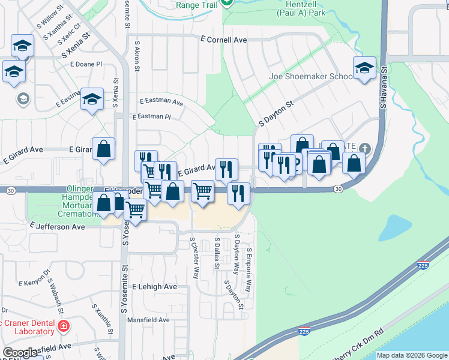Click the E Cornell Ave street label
(x=224, y=40)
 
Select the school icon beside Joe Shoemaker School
(x=364, y=68)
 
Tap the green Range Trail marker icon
(x=226, y=3)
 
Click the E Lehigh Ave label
(x=155, y=287)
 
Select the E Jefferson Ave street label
(x=58, y=227)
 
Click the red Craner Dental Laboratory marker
(x=64, y=327)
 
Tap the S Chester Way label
(x=194, y=257)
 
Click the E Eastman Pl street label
(x=152, y=116)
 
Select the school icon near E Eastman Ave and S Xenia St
(x=92, y=99)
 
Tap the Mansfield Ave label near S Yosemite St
(x=148, y=320)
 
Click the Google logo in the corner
(x=20, y=353)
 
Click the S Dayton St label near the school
(x=275, y=112)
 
